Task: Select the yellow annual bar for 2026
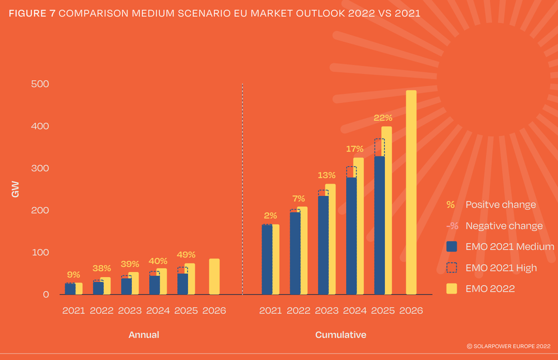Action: [x=214, y=276]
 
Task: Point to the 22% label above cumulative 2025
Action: [x=383, y=118]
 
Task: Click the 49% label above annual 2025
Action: [x=186, y=255]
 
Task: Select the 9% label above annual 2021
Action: [x=74, y=275]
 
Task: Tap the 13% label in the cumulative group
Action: [x=327, y=175]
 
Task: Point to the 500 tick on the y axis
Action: [x=40, y=84]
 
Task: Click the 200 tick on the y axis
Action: [x=40, y=210]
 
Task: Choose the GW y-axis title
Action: [x=16, y=189]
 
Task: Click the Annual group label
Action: [x=144, y=335]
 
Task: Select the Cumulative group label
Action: [x=340, y=335]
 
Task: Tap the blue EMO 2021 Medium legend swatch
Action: [x=452, y=246]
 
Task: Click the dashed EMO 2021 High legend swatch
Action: [x=452, y=268]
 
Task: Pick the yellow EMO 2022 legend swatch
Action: [x=452, y=289]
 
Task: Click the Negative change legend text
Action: [x=504, y=226]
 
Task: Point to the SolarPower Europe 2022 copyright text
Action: [x=508, y=346]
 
